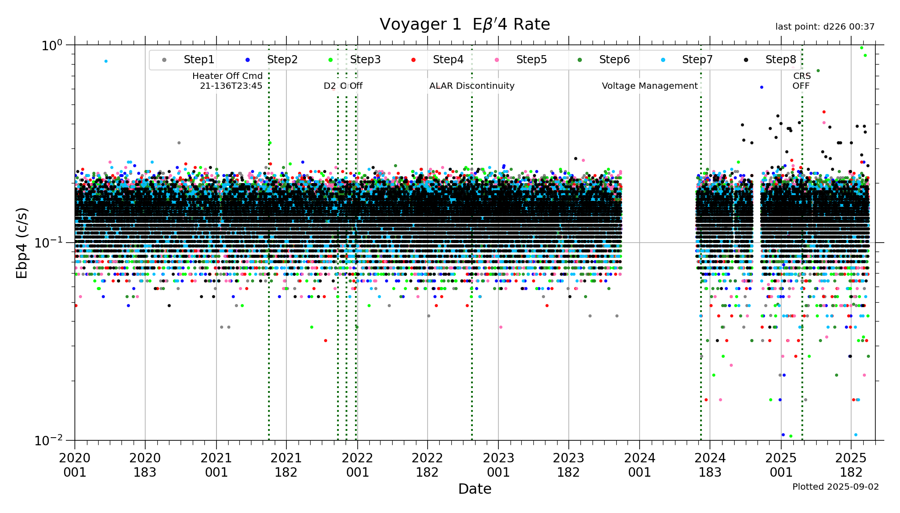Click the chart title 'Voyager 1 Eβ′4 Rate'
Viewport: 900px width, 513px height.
pyautogui.click(x=465, y=24)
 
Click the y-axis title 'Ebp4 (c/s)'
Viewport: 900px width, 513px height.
pyautogui.click(x=22, y=243)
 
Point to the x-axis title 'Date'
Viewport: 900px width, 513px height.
pyautogui.click(x=475, y=489)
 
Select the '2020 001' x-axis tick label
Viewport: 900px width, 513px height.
pyautogui.click(x=74, y=465)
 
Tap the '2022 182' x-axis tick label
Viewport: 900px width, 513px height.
pyautogui.click(x=427, y=465)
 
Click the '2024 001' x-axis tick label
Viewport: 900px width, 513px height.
pyautogui.click(x=640, y=465)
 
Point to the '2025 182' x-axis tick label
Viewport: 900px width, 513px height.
pyautogui.click(x=851, y=465)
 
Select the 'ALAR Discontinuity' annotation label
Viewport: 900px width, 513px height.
pyautogui.click(x=472, y=86)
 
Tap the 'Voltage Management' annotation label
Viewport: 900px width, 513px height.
pyautogui.click(x=649, y=86)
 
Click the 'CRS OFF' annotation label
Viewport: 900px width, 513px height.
pyautogui.click(x=801, y=81)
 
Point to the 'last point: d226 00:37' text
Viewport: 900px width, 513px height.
pyautogui.click(x=825, y=27)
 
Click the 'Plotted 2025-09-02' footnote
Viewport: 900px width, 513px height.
pyautogui.click(x=835, y=487)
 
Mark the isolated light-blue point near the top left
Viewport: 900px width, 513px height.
pyautogui.click(x=106, y=61)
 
